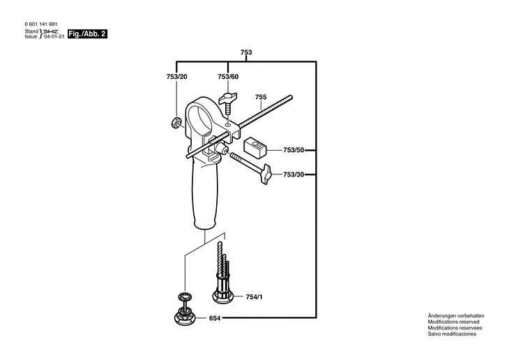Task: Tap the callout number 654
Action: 215,319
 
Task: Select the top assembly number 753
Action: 245,52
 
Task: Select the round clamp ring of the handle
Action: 203,116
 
